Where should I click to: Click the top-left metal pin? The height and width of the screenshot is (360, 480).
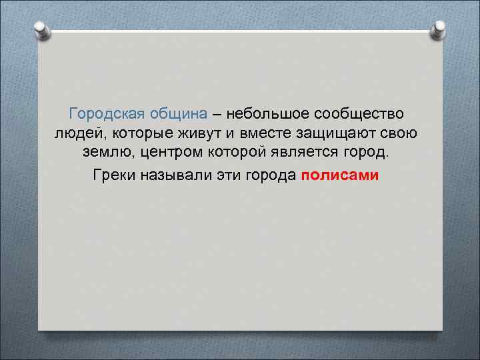coord(41,29)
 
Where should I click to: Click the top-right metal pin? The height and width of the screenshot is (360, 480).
coord(439,29)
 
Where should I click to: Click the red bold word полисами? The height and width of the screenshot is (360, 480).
coord(339,175)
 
